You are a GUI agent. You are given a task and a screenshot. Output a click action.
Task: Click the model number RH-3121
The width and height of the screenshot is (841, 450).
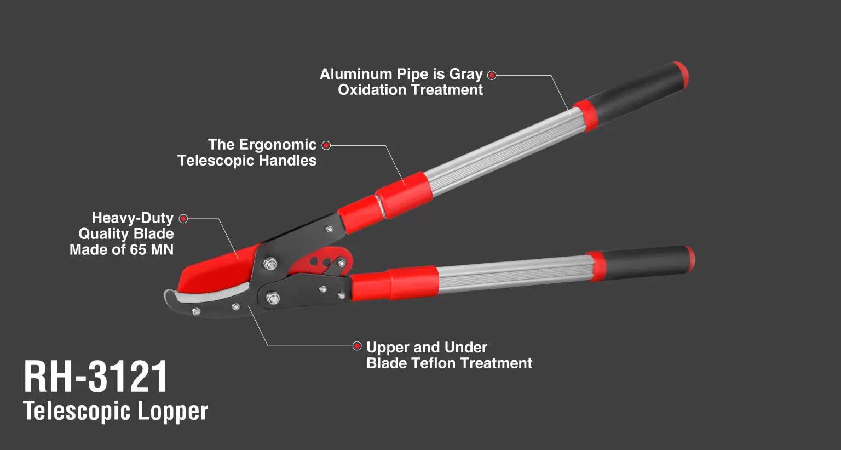tap(96, 377)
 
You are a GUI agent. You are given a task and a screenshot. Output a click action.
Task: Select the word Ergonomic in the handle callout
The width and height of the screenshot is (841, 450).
tap(278, 145)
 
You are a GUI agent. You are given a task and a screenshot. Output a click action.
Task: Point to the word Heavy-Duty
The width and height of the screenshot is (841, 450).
tap(133, 218)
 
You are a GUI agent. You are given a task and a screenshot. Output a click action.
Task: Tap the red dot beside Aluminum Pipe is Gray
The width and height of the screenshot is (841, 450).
tap(492, 75)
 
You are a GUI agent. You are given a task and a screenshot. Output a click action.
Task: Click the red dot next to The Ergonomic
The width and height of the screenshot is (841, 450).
tap(326, 145)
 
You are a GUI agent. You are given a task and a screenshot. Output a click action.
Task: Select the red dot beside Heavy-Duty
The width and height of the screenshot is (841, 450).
tap(183, 218)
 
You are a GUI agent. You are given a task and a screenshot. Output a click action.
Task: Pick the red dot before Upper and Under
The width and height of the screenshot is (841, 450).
tap(357, 346)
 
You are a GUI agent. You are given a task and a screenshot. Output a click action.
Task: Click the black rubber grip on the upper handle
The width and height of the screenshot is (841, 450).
tap(635, 94)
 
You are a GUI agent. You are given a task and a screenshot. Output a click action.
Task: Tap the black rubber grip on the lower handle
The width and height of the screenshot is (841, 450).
tap(646, 263)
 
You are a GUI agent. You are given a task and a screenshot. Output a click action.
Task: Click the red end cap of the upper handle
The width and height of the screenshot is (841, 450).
tap(681, 76)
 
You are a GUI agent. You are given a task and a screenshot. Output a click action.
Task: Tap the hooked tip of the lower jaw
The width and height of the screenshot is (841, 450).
tap(168, 294)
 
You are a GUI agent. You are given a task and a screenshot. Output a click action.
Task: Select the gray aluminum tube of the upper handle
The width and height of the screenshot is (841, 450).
tap(503, 150)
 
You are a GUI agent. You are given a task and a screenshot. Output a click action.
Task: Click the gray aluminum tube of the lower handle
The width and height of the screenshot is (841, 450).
tap(514, 274)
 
